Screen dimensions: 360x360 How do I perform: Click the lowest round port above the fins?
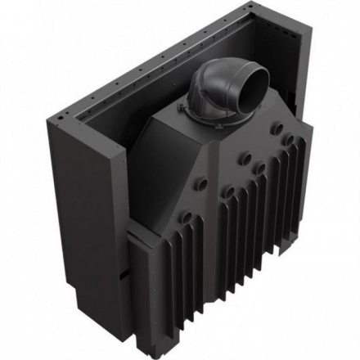coord(187,217)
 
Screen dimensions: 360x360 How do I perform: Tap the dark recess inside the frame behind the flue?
coord(164,98)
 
